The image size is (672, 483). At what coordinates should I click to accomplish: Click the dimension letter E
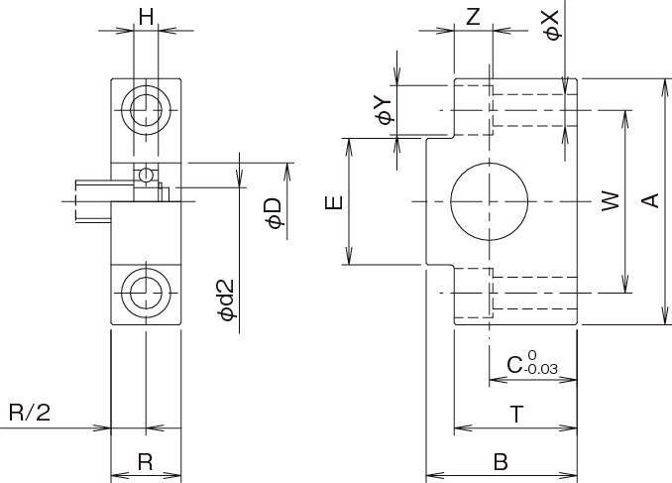click(335, 202)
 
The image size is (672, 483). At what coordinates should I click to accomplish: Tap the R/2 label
click(30, 413)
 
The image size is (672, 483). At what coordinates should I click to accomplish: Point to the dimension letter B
click(501, 462)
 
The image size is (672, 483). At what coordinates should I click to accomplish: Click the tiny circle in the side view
click(146, 176)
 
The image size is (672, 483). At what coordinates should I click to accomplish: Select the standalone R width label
click(145, 461)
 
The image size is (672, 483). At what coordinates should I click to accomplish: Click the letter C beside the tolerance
click(514, 365)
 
